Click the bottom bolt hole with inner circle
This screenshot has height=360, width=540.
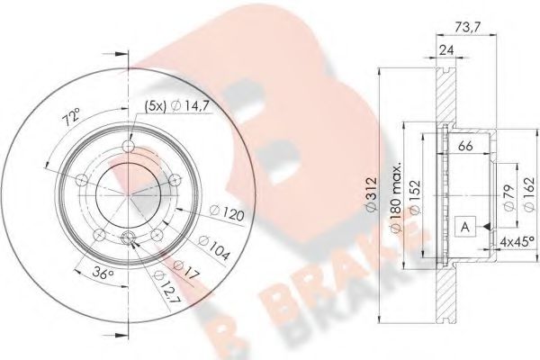click(128, 238)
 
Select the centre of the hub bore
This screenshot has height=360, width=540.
click(128, 193)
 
